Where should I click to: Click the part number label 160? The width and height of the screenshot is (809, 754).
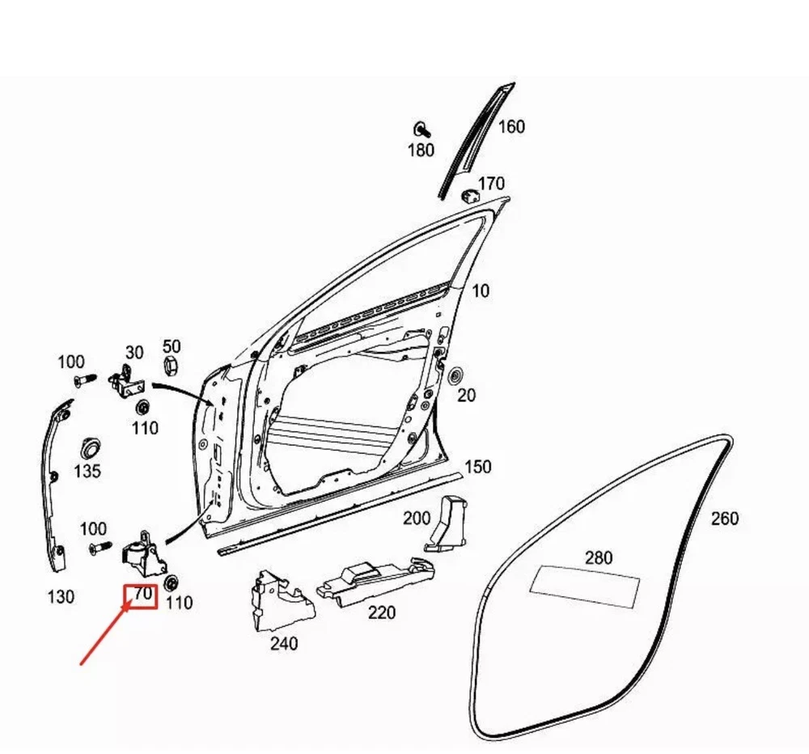pos(511,127)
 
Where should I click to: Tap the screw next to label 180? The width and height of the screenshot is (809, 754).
pos(421,129)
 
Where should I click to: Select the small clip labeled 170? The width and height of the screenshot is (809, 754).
pos(468,196)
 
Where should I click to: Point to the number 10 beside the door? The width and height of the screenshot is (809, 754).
pos(481,290)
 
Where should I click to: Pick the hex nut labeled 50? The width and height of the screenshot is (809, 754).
pos(171,366)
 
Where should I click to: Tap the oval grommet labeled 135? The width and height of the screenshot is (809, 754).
pos(88,447)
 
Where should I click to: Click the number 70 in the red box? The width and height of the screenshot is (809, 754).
pos(142,595)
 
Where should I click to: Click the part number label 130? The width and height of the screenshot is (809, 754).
pos(60,597)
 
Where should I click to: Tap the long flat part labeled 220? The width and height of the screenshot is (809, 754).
pos(372,582)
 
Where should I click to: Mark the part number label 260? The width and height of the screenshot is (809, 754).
pos(724,519)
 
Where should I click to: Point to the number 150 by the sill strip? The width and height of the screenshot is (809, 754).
pos(477,467)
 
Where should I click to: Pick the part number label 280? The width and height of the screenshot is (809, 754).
pos(599,557)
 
